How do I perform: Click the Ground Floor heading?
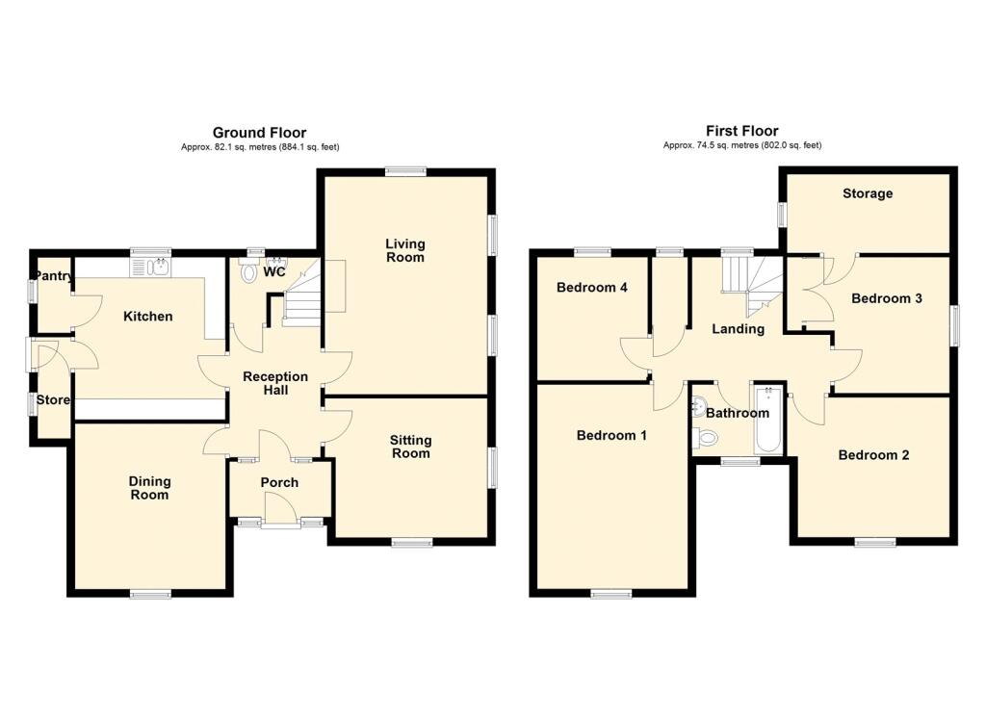click(x=259, y=133)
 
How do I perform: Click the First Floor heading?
click(x=742, y=131)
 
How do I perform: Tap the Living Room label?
click(x=405, y=250)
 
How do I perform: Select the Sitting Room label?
click(x=410, y=447)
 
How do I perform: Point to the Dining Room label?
click(x=149, y=488)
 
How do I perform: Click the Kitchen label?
click(x=147, y=317)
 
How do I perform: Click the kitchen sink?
click(x=150, y=268)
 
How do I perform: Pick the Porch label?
click(x=279, y=482)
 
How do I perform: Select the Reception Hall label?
click(x=275, y=383)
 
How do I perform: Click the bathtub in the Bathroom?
click(x=767, y=420)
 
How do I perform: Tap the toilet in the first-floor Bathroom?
click(x=707, y=436)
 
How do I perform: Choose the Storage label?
click(x=868, y=193)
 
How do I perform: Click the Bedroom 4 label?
click(x=592, y=288)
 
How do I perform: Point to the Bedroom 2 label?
click(x=873, y=454)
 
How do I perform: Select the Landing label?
click(x=739, y=329)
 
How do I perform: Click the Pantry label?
click(x=54, y=276)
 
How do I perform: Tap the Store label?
click(x=53, y=399)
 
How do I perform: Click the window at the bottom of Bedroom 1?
click(x=611, y=593)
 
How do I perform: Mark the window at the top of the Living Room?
click(x=405, y=170)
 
